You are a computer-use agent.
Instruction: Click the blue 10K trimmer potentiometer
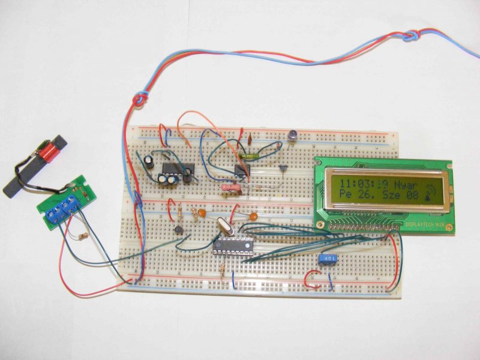(x=327, y=259)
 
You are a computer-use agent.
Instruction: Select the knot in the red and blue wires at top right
(x=410, y=37)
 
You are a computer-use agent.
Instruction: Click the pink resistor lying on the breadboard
(x=232, y=188)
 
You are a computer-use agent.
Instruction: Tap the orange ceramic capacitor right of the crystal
(x=254, y=217)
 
